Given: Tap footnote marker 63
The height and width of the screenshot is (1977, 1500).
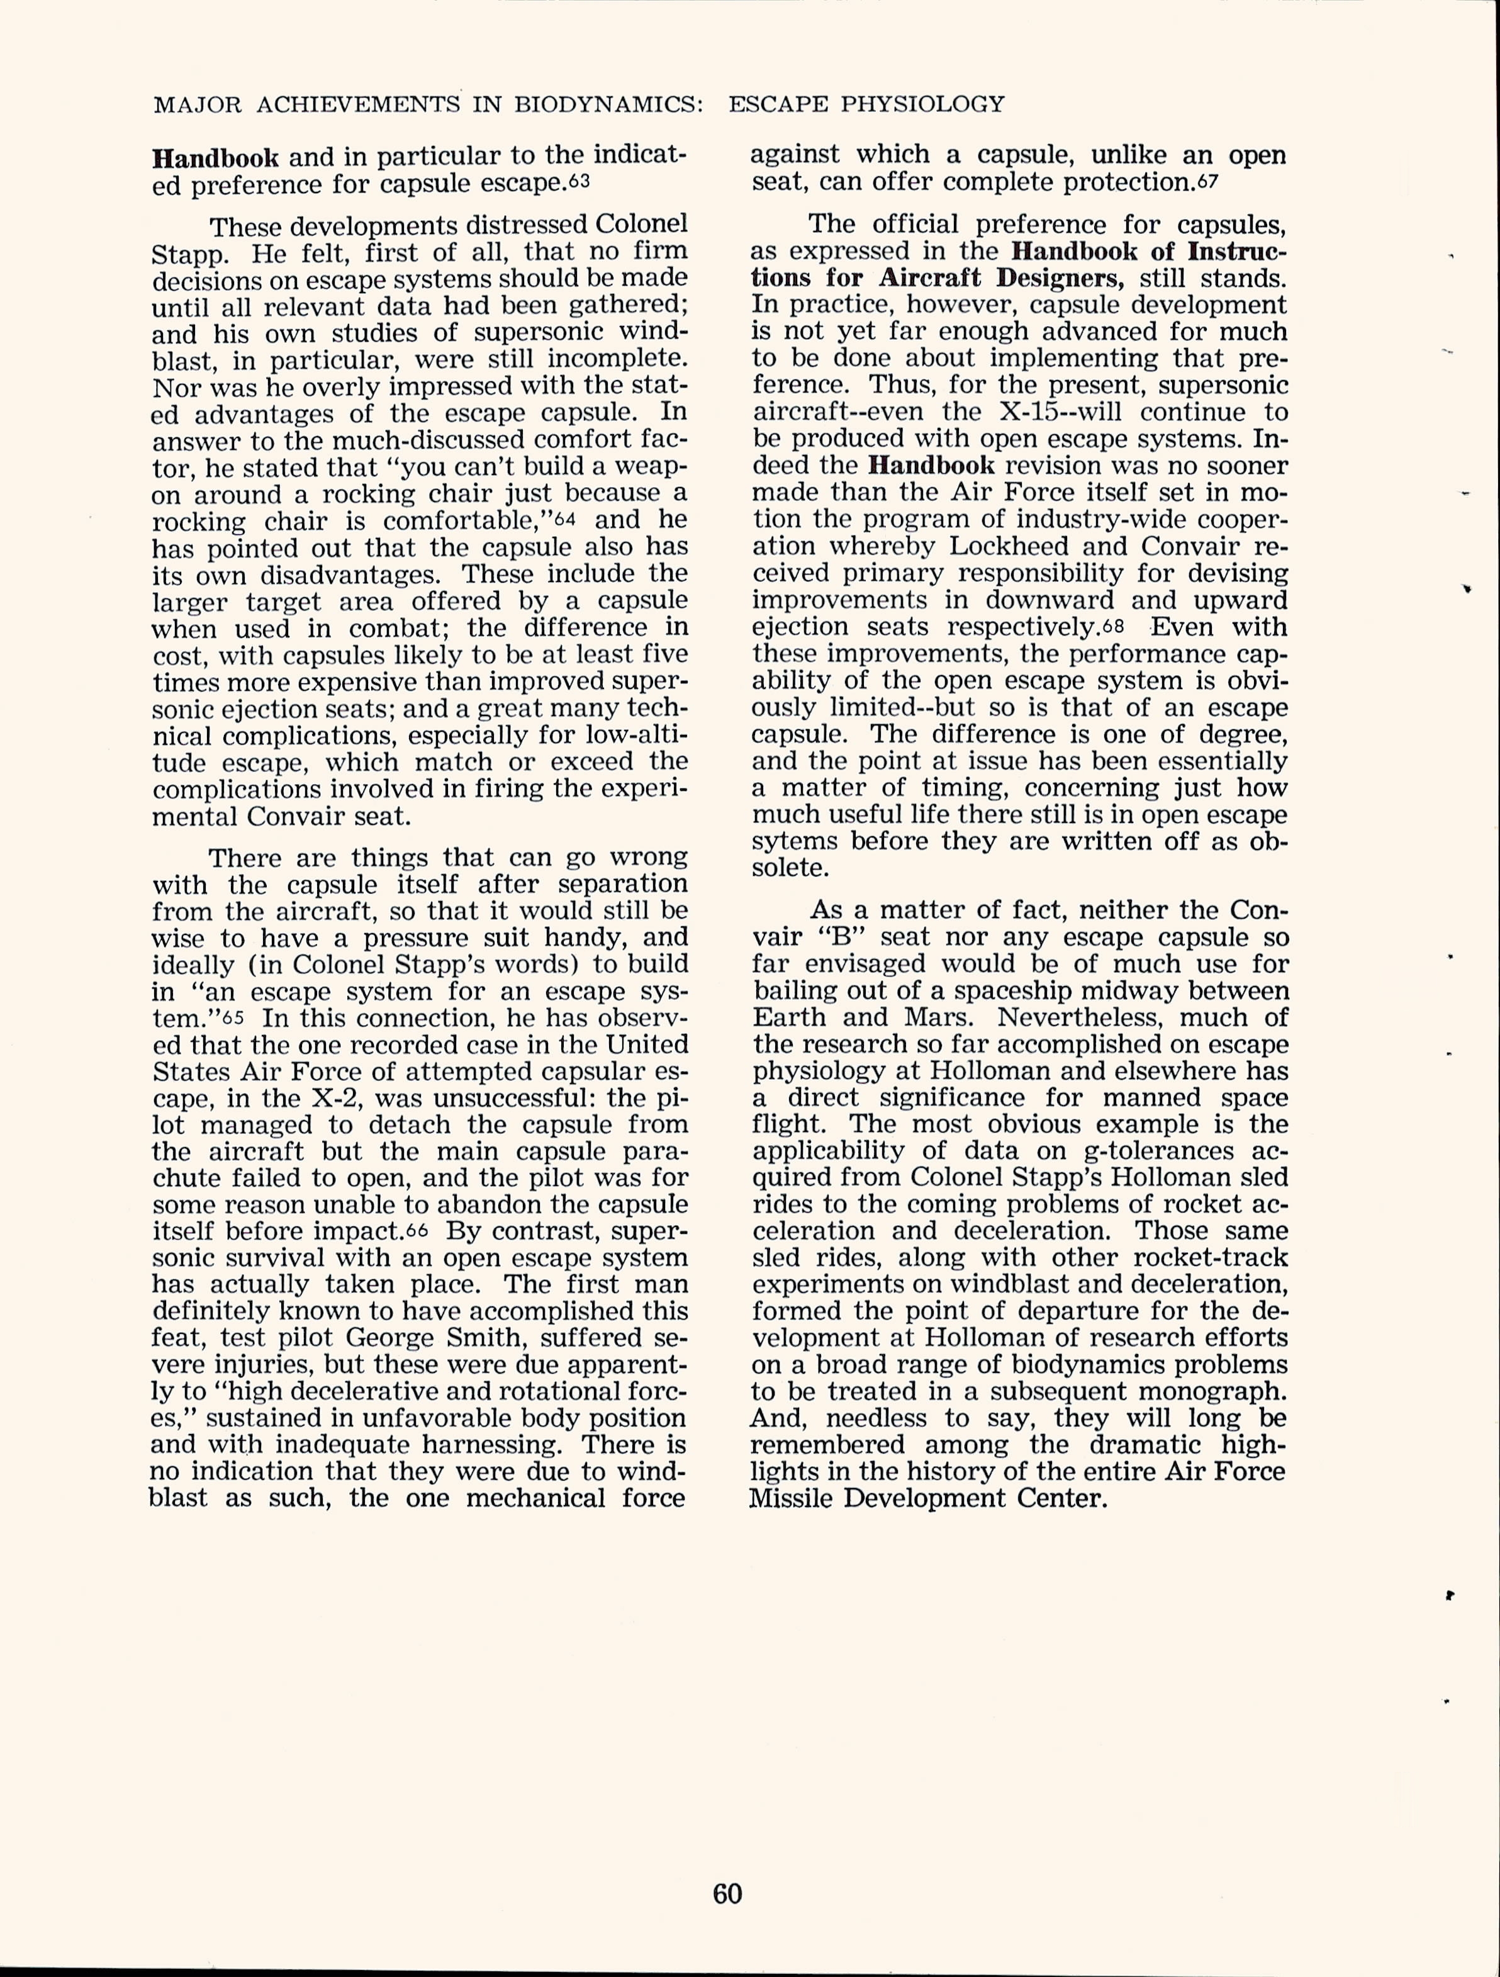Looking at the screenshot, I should (579, 181).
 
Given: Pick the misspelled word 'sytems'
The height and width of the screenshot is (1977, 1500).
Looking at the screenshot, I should (795, 841).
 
